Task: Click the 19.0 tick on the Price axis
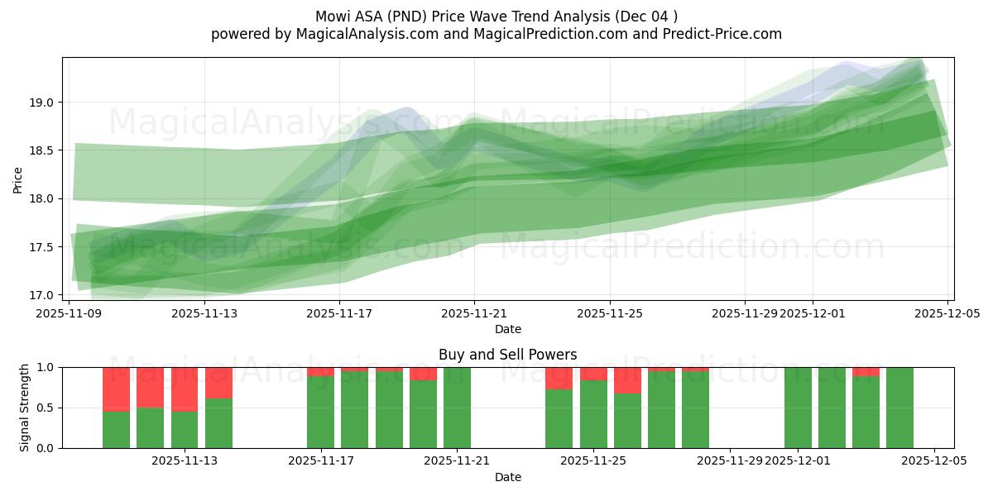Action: pos(46,103)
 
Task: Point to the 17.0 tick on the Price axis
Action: pos(46,295)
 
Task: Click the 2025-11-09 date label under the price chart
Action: pos(69,314)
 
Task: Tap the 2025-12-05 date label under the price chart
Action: pos(947,314)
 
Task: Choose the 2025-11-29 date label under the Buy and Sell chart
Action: pos(729,461)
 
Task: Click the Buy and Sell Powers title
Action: pos(507,355)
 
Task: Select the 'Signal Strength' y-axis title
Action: pos(25,408)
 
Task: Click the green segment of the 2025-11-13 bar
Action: pos(218,423)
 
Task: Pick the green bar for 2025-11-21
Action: pos(457,408)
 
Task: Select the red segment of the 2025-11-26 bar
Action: pos(627,380)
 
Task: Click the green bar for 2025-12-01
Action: pos(798,408)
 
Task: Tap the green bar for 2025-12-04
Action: pos(899,408)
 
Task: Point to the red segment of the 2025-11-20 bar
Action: pos(423,374)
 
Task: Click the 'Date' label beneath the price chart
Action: pos(507,330)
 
